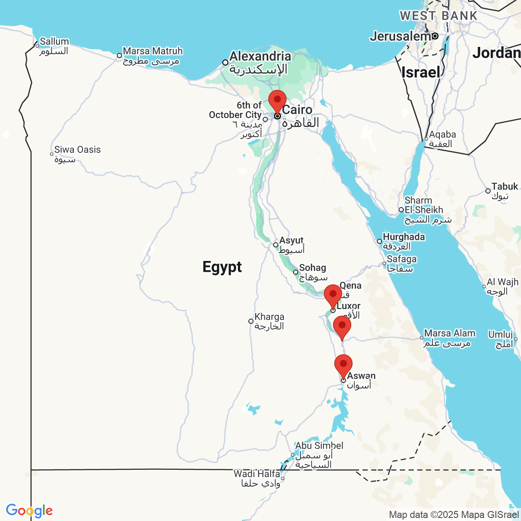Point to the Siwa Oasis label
pos(77,150)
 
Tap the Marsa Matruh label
pos(152,52)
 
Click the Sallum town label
pos(54,42)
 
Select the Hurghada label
pos(403,237)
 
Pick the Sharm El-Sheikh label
pos(424,205)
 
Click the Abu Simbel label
pos(319,446)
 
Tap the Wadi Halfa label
pos(257,474)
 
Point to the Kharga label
pos(269,317)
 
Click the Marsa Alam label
pos(449,333)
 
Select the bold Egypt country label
pos(222,267)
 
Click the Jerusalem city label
pos(400,36)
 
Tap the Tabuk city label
pos(505,187)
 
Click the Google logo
pos(29,511)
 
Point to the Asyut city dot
pos(275,245)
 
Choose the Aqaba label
pos(442,135)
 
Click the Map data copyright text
pos(453,514)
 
